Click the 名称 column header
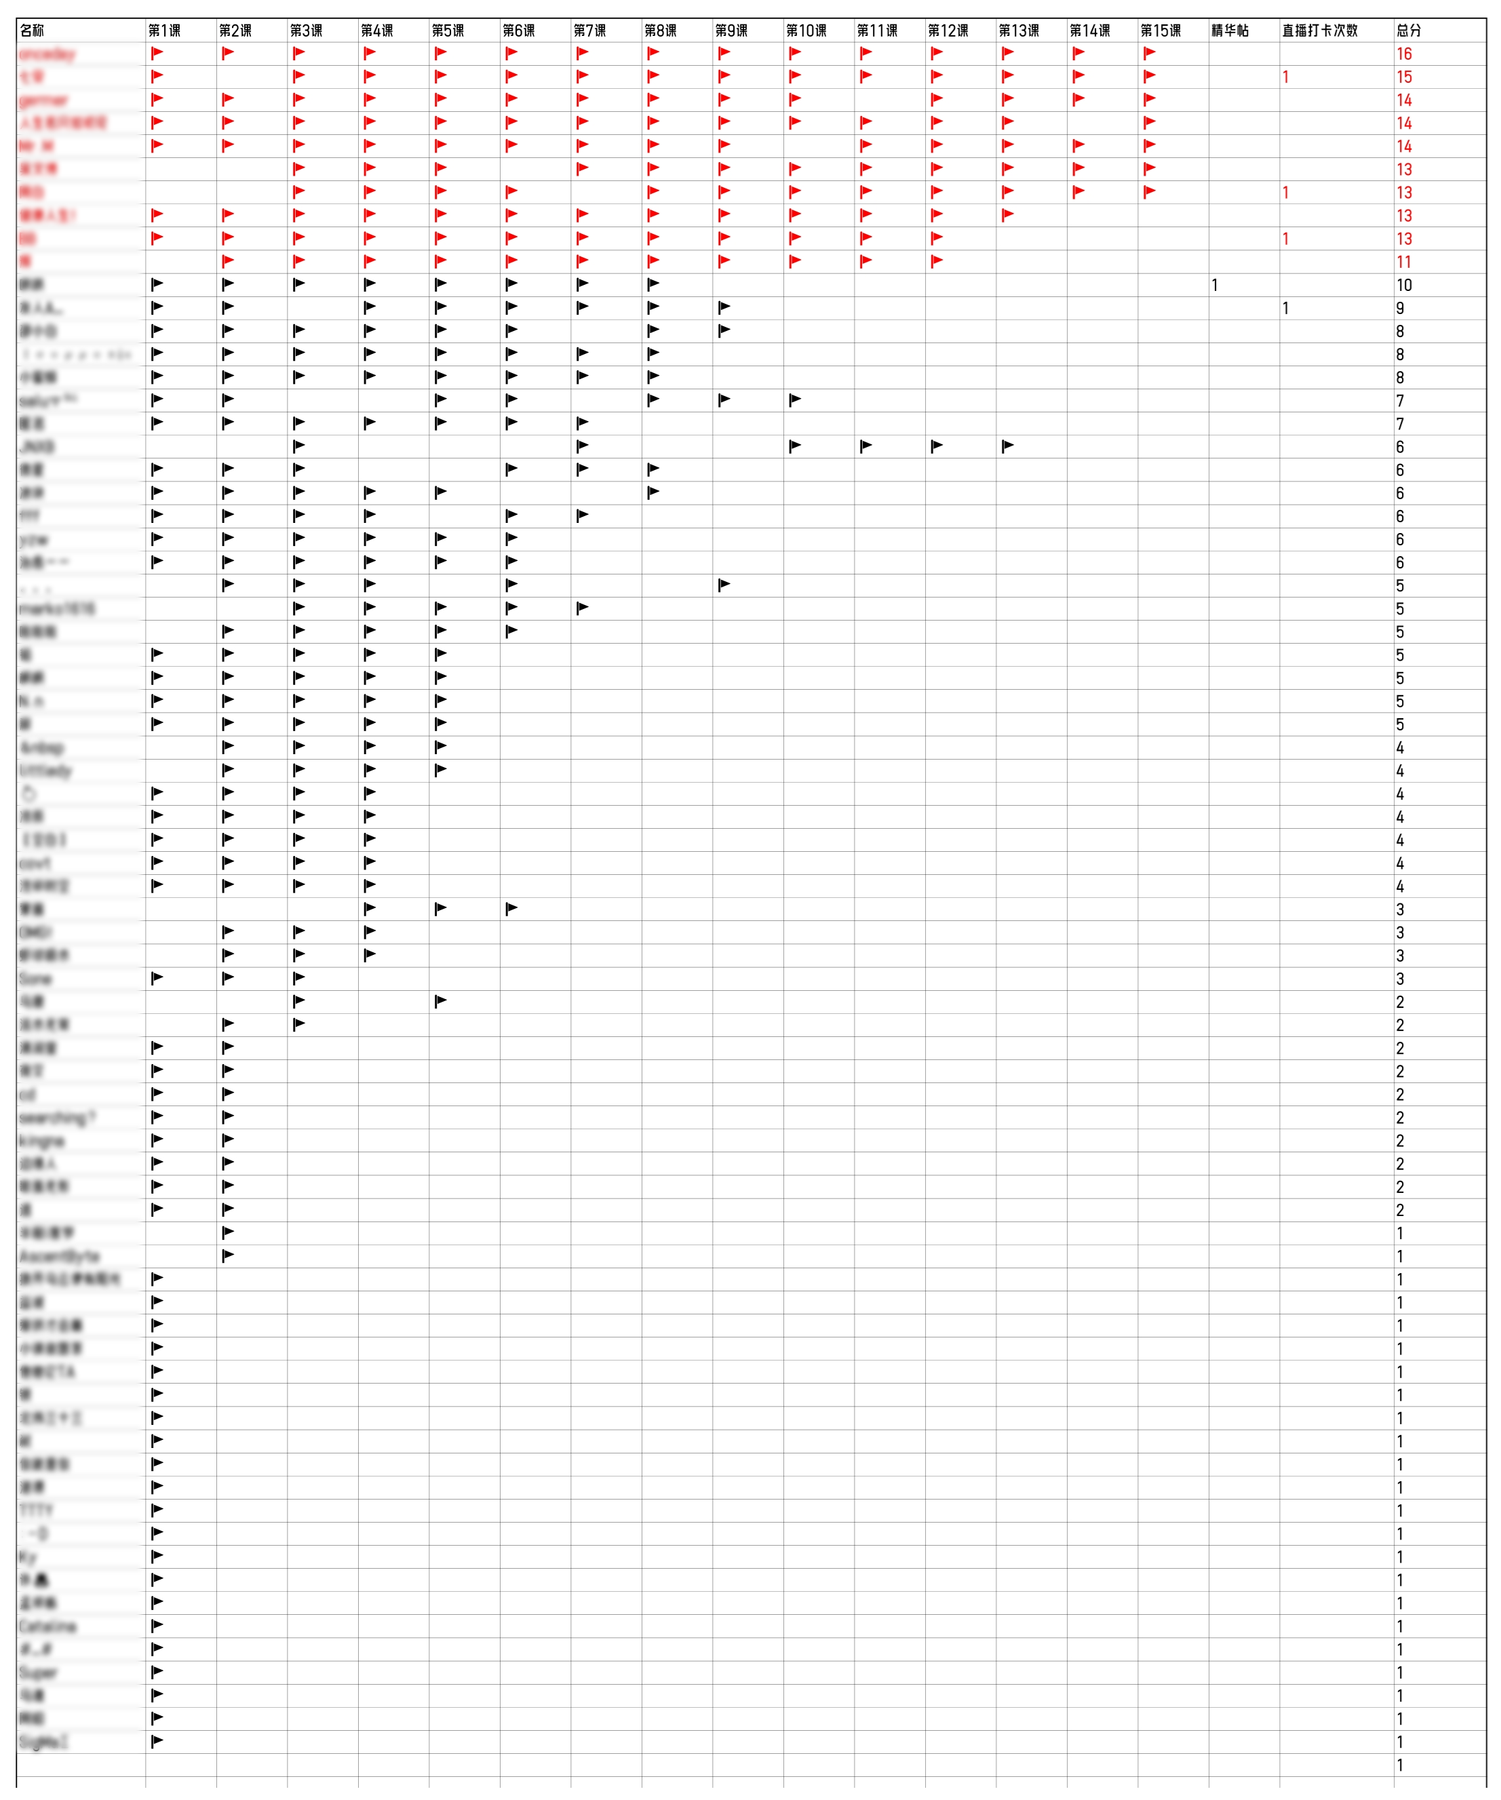pyautogui.click(x=33, y=31)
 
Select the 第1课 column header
pyautogui.click(x=165, y=31)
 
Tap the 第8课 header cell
pyautogui.click(x=661, y=31)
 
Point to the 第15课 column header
pyautogui.click(x=1161, y=31)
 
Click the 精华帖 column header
pyautogui.click(x=1230, y=31)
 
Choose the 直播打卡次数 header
pyautogui.click(x=1320, y=31)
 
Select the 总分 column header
pyautogui.click(x=1409, y=31)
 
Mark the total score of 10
pyautogui.click(x=1404, y=286)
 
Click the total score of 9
pyautogui.click(x=1400, y=309)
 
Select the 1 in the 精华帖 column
pyautogui.click(x=1215, y=286)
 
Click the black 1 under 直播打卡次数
pyautogui.click(x=1285, y=309)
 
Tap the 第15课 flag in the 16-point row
pyautogui.click(x=1150, y=53)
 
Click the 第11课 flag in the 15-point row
pyautogui.click(x=865, y=76)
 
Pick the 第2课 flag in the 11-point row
pyautogui.click(x=228, y=261)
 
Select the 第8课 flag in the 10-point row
pyautogui.click(x=653, y=285)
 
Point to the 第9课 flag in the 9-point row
pyautogui.click(x=724, y=308)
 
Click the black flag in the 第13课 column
pyautogui.click(x=1008, y=446)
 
